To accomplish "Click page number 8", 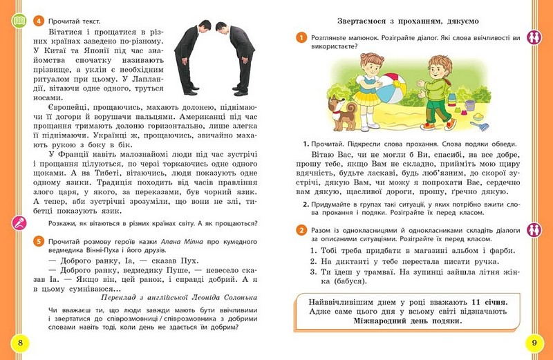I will click(x=20, y=343).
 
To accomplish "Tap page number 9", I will click(x=533, y=343).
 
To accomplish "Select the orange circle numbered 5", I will click(x=38, y=240).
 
